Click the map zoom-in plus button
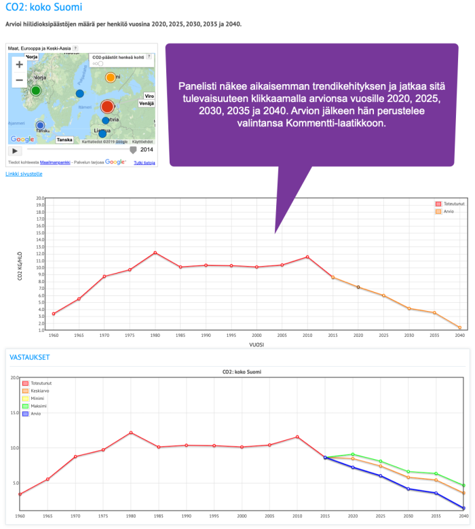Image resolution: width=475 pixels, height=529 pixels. coord(19,65)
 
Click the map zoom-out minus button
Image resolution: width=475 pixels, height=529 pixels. coord(19,80)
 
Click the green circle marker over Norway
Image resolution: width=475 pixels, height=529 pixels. coord(37,90)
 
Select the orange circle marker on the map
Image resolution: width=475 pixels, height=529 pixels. coord(111,77)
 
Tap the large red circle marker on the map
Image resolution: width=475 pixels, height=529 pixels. coord(107,107)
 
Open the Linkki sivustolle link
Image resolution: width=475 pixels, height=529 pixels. coord(24,174)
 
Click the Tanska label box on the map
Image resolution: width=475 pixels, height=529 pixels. coord(65,139)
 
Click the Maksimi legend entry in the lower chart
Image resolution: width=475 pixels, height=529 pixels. coord(38,406)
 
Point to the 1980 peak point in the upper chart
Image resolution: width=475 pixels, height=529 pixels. coord(155,253)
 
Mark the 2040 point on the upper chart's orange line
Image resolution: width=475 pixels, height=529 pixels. coord(459,327)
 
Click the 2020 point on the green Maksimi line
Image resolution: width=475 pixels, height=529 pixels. coord(353,454)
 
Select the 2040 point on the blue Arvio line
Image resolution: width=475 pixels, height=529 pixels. coord(463,508)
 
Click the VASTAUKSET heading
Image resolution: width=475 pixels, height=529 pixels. coord(29,357)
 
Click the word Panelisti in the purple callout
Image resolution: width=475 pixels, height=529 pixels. coord(201,87)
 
